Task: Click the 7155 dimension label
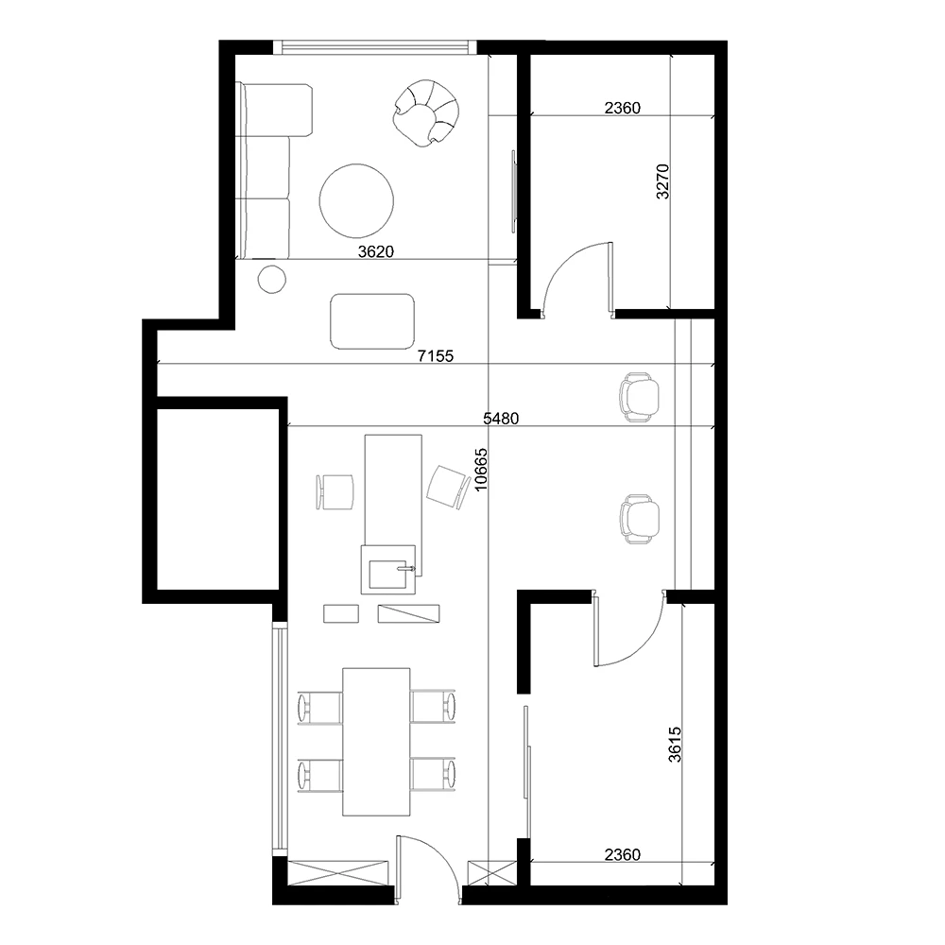(435, 356)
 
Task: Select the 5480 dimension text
(501, 419)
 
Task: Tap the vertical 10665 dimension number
(481, 470)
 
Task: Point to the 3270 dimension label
(662, 181)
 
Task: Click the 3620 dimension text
(375, 251)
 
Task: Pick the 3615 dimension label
(675, 745)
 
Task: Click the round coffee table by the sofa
(356, 200)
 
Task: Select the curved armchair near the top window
(425, 112)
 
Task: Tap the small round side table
(272, 280)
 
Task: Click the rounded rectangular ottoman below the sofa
(372, 321)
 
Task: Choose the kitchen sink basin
(388, 574)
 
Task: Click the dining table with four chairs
(376, 742)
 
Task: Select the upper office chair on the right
(639, 397)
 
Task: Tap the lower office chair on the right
(639, 519)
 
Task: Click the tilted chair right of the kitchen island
(448, 487)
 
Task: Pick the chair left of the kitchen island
(335, 491)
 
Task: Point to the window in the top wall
(374, 47)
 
